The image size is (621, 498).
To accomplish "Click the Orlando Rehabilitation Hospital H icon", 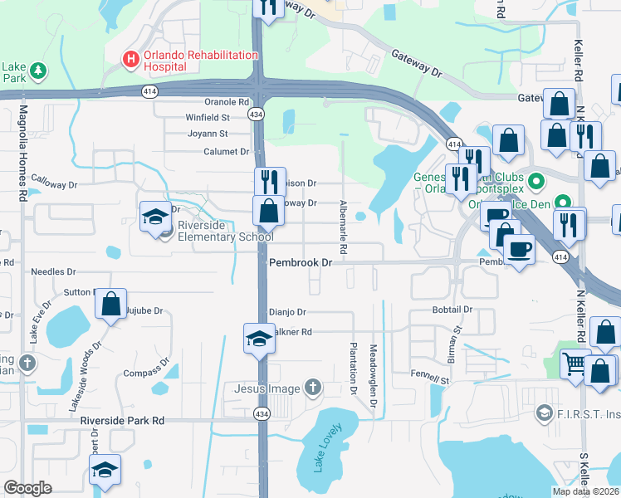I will click(x=130, y=59).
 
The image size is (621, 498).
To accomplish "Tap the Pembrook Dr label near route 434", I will click(x=301, y=262).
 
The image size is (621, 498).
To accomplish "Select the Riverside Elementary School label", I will click(x=222, y=231).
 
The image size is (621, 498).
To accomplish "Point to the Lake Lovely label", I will click(x=327, y=448).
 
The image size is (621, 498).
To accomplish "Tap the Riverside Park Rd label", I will click(x=122, y=421).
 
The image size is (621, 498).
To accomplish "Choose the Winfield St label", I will click(x=207, y=117).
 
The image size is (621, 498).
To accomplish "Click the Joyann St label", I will click(x=208, y=133).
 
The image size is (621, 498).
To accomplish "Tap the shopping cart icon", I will click(x=575, y=364).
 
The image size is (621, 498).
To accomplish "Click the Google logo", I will click(x=27, y=488).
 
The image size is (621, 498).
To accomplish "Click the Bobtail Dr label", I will click(x=452, y=309).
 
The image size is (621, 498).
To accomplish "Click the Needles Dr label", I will click(x=53, y=271).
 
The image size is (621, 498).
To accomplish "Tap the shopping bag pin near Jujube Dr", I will click(x=110, y=305).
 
